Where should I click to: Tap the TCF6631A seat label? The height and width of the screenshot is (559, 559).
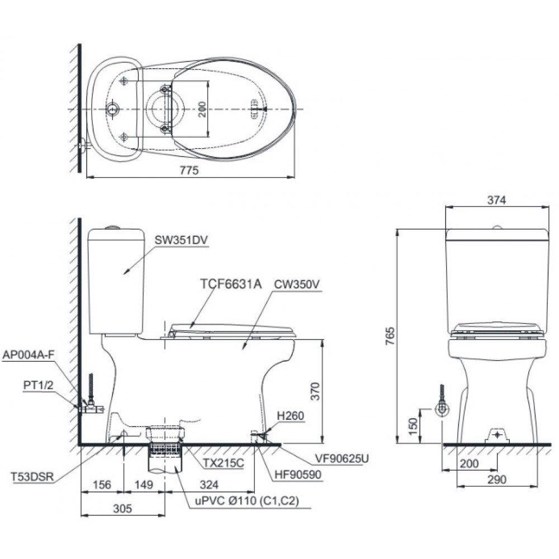(231, 283)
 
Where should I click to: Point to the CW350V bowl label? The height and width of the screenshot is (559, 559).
(296, 283)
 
